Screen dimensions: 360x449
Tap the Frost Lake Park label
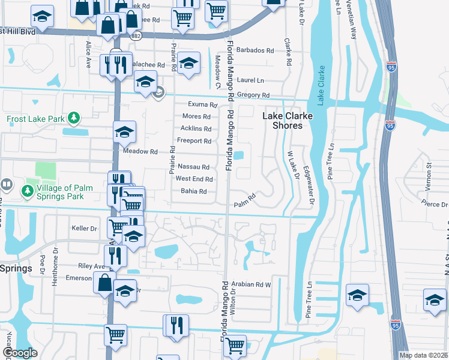click(x=35, y=119)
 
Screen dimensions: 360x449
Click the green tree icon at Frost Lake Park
click(x=74, y=117)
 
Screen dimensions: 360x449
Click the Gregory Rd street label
click(x=253, y=95)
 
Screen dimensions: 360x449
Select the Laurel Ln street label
click(x=250, y=80)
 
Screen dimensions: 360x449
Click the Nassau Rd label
click(x=194, y=167)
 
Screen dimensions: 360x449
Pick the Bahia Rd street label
click(x=193, y=192)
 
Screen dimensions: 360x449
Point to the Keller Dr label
click(x=84, y=229)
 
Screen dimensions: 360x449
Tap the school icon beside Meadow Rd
click(x=124, y=132)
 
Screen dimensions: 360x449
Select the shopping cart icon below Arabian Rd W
click(x=235, y=344)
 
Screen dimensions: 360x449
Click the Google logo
click(x=20, y=353)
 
